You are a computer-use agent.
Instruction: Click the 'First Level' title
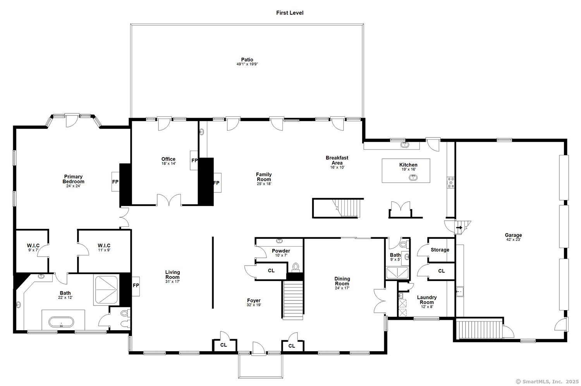coord(290,13)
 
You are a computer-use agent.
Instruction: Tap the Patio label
coord(247,60)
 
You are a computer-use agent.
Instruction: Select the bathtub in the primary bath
coord(61,322)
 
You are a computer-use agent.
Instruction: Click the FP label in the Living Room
coord(136,285)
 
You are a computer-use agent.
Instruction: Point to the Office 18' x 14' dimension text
coord(168,164)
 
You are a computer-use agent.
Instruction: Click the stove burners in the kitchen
coord(450,182)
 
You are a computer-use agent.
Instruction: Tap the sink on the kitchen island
coord(413,178)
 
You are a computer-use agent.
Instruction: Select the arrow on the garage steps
coord(459,228)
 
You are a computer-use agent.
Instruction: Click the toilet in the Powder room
coord(296,267)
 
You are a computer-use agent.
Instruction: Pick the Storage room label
coord(440,250)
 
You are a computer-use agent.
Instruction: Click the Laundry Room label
coord(427,300)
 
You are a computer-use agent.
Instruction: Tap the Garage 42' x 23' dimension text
coord(513,240)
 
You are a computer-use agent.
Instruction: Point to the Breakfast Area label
coord(337,160)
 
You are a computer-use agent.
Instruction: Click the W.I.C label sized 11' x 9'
coord(104,245)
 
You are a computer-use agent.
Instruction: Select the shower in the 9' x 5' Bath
coord(397,273)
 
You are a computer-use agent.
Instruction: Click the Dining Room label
coord(342,281)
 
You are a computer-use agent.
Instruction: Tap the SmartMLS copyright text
coord(547,382)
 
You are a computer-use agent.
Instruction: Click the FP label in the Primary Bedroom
coord(115,182)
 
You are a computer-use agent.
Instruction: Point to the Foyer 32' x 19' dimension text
coord(254,305)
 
